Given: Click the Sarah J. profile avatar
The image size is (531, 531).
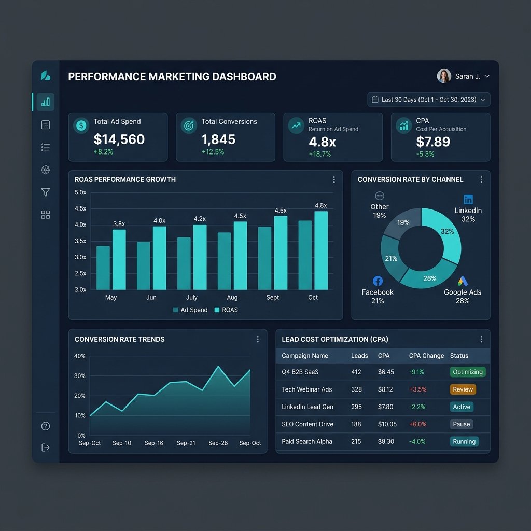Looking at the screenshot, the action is pos(444,76).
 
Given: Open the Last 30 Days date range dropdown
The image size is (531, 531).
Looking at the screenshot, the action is pos(428,100).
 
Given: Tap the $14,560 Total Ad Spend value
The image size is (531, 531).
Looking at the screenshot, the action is pos(119,139).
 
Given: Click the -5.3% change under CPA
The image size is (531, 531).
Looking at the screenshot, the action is pos(425,154).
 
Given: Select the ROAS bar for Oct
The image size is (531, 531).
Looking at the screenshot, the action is pos(321,250).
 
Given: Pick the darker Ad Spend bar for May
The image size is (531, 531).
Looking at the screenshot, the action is pos(103,268).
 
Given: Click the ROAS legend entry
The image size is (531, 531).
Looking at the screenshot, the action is pos(226,310).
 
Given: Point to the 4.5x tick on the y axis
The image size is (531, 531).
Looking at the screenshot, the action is pos(80,208).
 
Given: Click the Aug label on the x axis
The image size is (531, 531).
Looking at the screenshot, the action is pos(232,297).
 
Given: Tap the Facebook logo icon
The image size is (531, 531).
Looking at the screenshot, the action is pos(378,281).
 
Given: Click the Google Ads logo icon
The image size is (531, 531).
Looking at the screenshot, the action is pos(463,281).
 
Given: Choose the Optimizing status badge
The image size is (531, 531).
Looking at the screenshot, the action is pos(468,372).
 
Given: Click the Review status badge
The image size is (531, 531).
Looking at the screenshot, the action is pos(463,389).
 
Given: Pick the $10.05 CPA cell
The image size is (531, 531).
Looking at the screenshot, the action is pos(387,424).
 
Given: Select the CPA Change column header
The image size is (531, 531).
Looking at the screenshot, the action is pos(426,356).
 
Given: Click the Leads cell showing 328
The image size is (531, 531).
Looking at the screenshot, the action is pos(356,389).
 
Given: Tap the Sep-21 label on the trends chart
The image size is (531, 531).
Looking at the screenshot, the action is pos(186,443).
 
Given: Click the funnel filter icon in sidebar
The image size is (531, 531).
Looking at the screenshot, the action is pos(46,192).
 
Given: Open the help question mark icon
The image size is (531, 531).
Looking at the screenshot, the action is pos(46,426).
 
